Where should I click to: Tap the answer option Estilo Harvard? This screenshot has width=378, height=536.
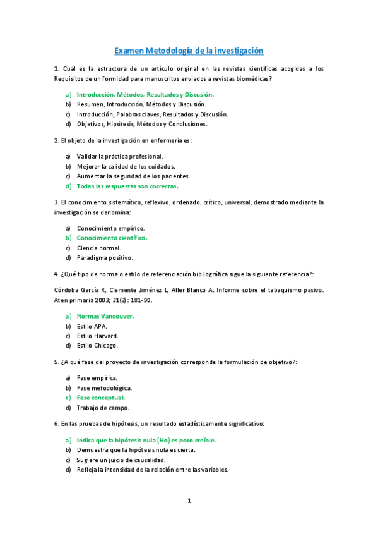[97, 336]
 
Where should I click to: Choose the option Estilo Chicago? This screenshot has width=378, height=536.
[97, 346]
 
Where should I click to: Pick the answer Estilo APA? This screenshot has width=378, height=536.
[92, 326]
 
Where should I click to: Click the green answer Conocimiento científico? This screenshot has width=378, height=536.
[112, 238]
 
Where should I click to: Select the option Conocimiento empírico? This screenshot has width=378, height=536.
[110, 228]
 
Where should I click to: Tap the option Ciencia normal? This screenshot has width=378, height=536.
[98, 248]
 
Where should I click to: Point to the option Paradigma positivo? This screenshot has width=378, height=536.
[105, 258]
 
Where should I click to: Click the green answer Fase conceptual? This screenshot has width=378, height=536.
[101, 398]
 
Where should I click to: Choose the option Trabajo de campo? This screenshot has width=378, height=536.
[103, 408]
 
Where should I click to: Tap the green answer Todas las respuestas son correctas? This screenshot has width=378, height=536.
[127, 186]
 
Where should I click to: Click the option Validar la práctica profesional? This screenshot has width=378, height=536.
[120, 156]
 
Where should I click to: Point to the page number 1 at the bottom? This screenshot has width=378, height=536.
[189, 501]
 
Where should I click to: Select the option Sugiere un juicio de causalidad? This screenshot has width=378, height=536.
[121, 460]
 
